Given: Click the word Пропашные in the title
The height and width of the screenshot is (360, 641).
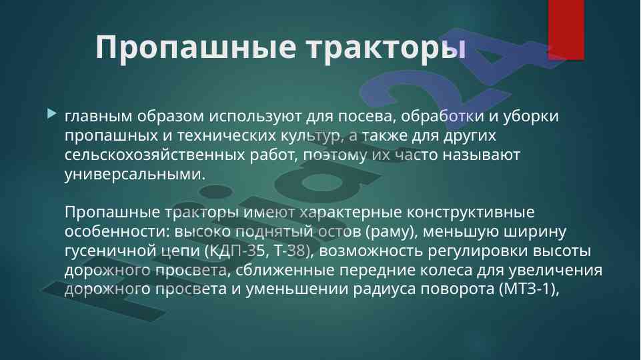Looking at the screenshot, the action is point(196,47).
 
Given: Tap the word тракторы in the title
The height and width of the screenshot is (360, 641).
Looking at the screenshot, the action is point(387,48).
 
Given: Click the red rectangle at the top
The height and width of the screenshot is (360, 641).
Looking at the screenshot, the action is point(566,30).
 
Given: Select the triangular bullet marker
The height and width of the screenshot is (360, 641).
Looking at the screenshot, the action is point(52,113).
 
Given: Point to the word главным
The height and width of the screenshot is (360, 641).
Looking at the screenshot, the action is point(99,117).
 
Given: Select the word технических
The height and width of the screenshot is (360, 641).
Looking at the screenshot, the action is point(227,135).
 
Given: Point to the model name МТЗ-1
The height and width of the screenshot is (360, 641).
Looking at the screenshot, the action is point(528,289).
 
